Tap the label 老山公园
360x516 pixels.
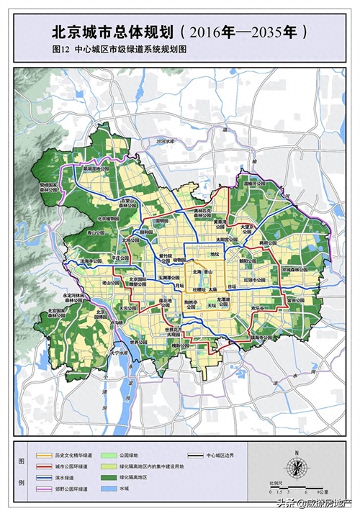[x=111, y=284]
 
